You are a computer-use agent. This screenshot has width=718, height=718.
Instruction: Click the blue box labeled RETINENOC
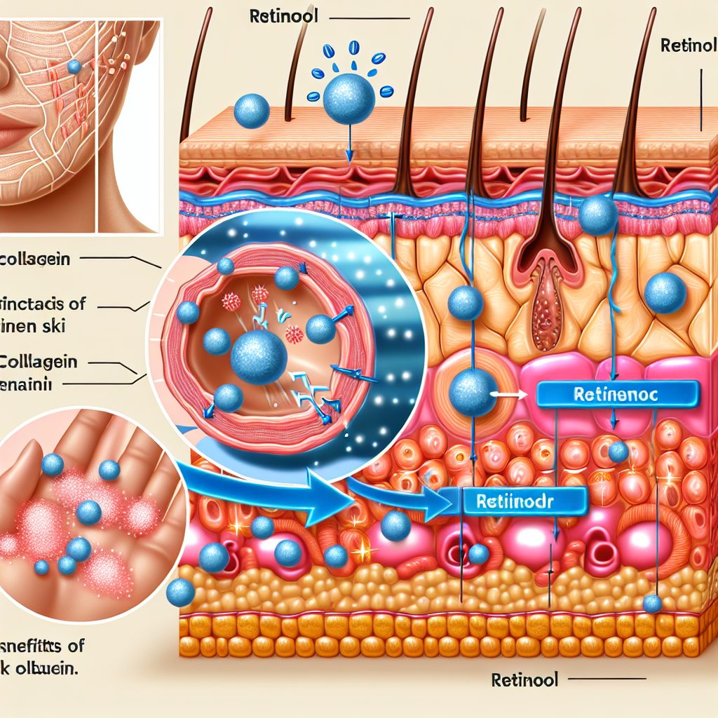616,395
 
